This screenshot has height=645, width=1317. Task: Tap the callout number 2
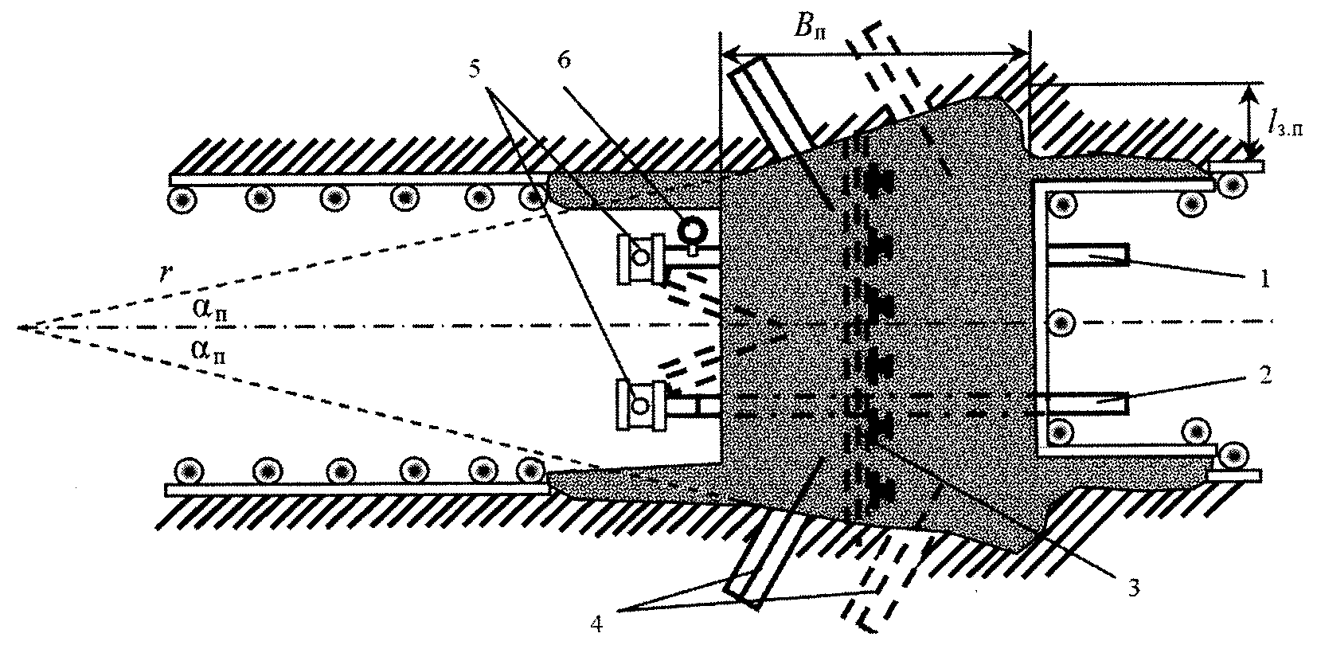[1264, 374]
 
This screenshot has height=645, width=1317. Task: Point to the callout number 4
[596, 623]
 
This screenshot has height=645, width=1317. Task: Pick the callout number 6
[564, 60]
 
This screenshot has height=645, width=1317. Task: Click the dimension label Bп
[810, 25]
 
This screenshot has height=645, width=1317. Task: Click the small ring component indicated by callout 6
[692, 229]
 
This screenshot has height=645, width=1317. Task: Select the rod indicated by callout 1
[1088, 255]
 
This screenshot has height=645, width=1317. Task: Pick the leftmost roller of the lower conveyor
[190, 471]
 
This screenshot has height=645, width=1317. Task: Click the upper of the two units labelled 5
[642, 258]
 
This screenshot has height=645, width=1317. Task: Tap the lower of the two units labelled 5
[641, 405]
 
